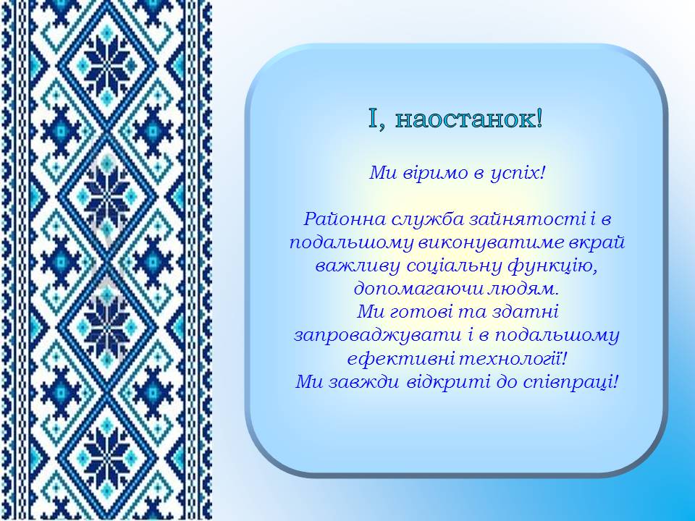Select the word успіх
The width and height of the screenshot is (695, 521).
point(514,173)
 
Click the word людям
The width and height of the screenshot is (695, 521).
point(521,289)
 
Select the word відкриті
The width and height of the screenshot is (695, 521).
point(449,382)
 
